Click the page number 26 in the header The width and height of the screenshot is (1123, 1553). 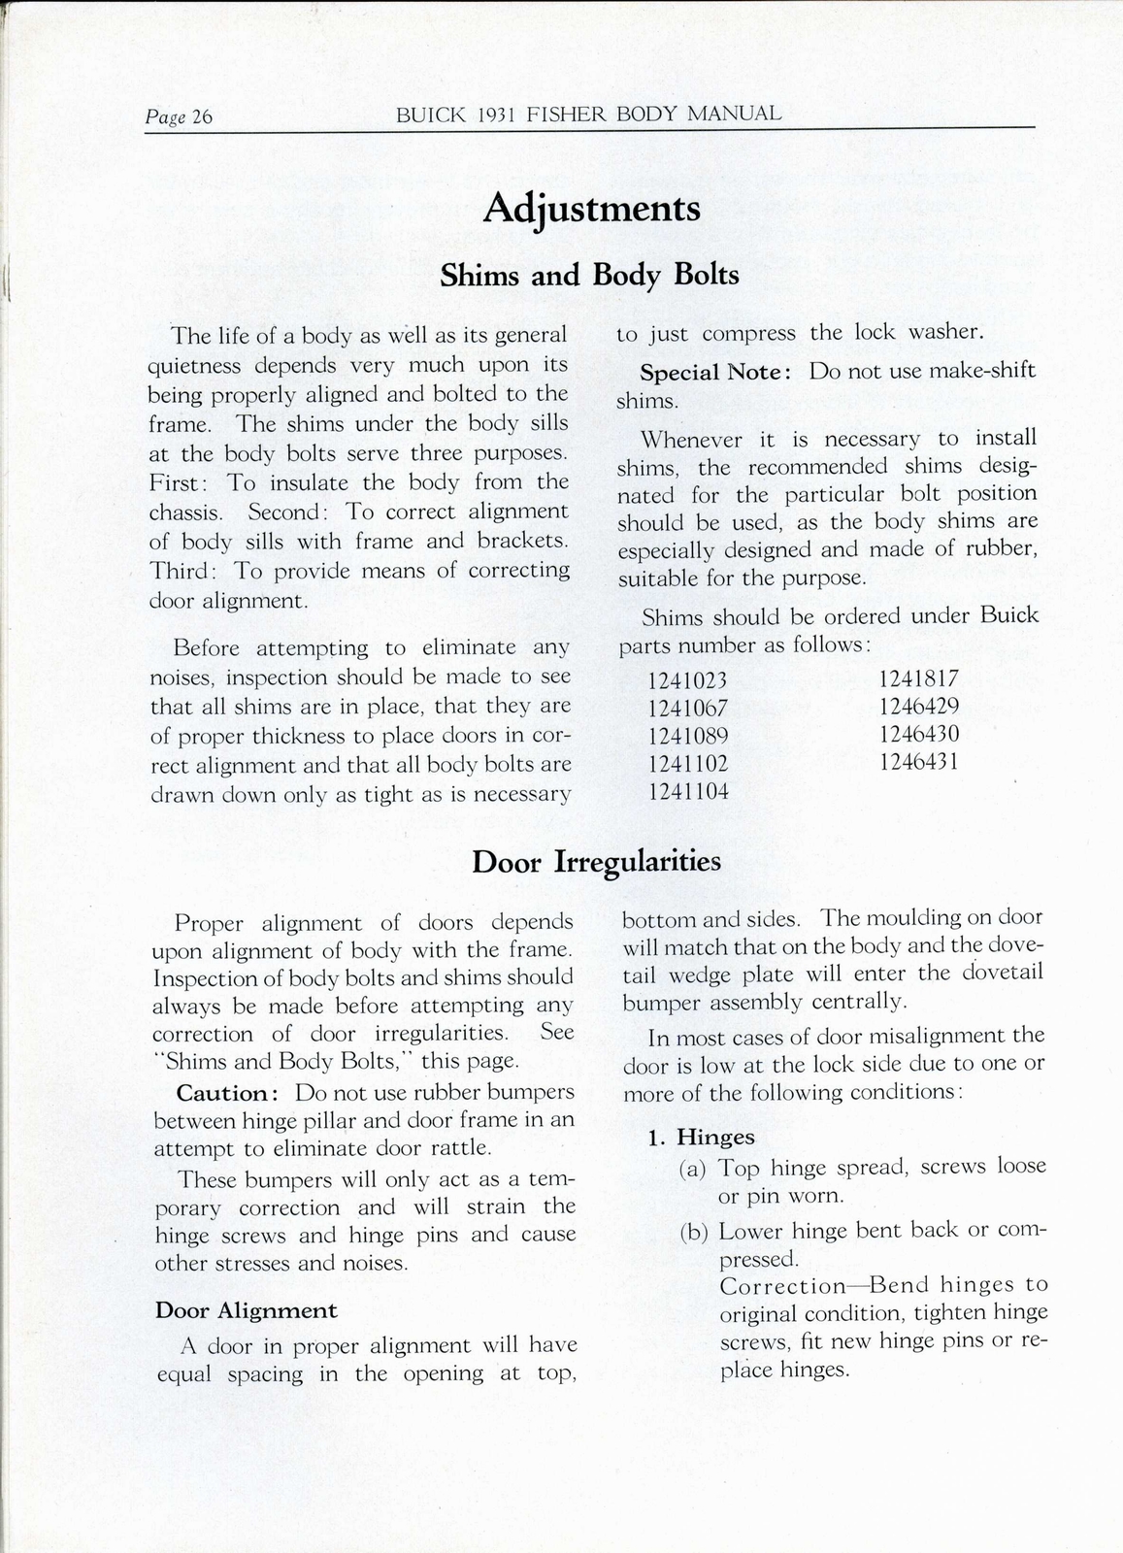[x=202, y=117]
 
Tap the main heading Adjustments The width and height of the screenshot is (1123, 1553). [x=591, y=209]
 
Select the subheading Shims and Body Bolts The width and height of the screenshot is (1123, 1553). [x=589, y=277]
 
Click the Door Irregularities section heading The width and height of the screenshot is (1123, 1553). [x=596, y=862]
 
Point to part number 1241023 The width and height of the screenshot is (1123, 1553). [x=687, y=680]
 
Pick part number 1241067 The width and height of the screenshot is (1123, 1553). [x=687, y=708]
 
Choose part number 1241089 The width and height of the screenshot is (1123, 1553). [x=687, y=736]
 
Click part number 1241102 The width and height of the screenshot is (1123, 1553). [x=687, y=764]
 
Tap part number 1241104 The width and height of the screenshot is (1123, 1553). [x=687, y=791]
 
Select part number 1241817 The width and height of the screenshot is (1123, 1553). [x=918, y=678]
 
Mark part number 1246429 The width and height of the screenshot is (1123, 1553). [x=918, y=707]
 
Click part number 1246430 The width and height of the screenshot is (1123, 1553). [x=918, y=734]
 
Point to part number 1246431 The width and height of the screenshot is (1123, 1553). [x=918, y=762]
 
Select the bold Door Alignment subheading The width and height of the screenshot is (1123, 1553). [x=247, y=1311]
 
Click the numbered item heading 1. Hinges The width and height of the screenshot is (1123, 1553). [x=702, y=1138]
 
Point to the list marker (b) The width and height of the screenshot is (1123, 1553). [x=693, y=1233]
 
